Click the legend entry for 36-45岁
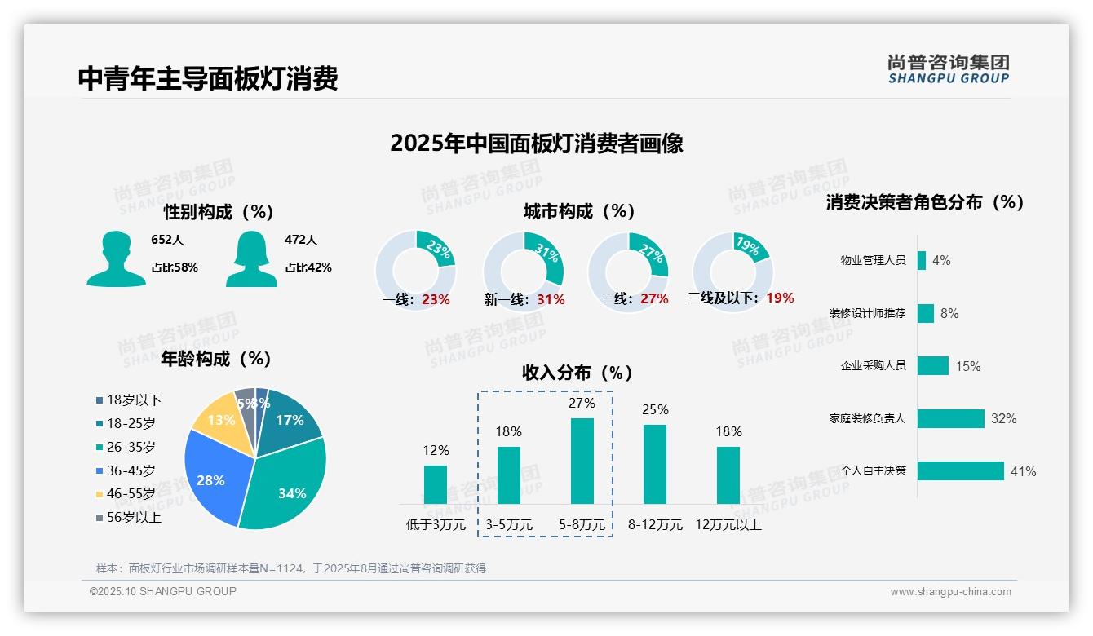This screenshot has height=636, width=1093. coord(131,470)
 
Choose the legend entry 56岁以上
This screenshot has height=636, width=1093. coord(134,517)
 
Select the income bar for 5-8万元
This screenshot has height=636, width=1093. coord(582,461)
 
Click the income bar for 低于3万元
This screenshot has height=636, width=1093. coord(436,484)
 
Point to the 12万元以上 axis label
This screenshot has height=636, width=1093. coord(728,525)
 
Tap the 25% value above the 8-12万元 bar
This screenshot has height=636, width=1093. coord(655,409)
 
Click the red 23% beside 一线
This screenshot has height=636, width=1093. coord(436,299)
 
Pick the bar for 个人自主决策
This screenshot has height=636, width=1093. coord(960,470)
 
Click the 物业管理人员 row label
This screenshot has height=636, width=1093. coord(873,260)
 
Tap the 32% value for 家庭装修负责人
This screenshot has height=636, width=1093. coord(1003,418)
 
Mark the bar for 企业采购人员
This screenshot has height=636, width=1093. coord(932,365)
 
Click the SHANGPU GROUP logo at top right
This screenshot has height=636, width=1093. coord(948,68)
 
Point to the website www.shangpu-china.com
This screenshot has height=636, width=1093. coord(950,592)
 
